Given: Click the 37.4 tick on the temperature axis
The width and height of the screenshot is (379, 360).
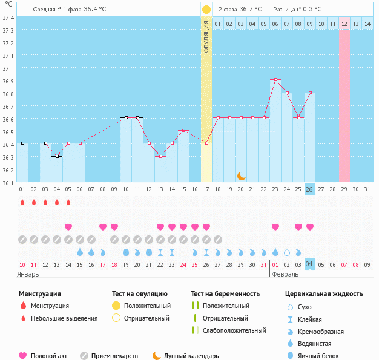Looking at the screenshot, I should point(7,18).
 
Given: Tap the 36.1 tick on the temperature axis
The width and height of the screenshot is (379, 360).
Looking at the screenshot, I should point(7,182).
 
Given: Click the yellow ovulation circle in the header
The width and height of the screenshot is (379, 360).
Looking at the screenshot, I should point(206,10).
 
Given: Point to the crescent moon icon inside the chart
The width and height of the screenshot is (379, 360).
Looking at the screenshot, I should point(241,175).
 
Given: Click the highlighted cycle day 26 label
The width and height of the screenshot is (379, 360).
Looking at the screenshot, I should point(309,189).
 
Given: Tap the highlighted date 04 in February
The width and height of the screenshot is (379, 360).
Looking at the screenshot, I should point(309,264).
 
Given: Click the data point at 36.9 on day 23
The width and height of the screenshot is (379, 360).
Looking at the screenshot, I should point(275,79).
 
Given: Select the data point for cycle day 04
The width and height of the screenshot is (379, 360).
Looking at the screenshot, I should point(57,156).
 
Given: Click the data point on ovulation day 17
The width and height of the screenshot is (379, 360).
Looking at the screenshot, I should point(206,143).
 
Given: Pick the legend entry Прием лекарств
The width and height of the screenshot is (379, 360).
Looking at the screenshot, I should point(114,356).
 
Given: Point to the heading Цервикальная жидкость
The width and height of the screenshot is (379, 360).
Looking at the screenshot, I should point(324,294).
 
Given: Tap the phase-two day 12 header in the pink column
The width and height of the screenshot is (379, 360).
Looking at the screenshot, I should point(344,24).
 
